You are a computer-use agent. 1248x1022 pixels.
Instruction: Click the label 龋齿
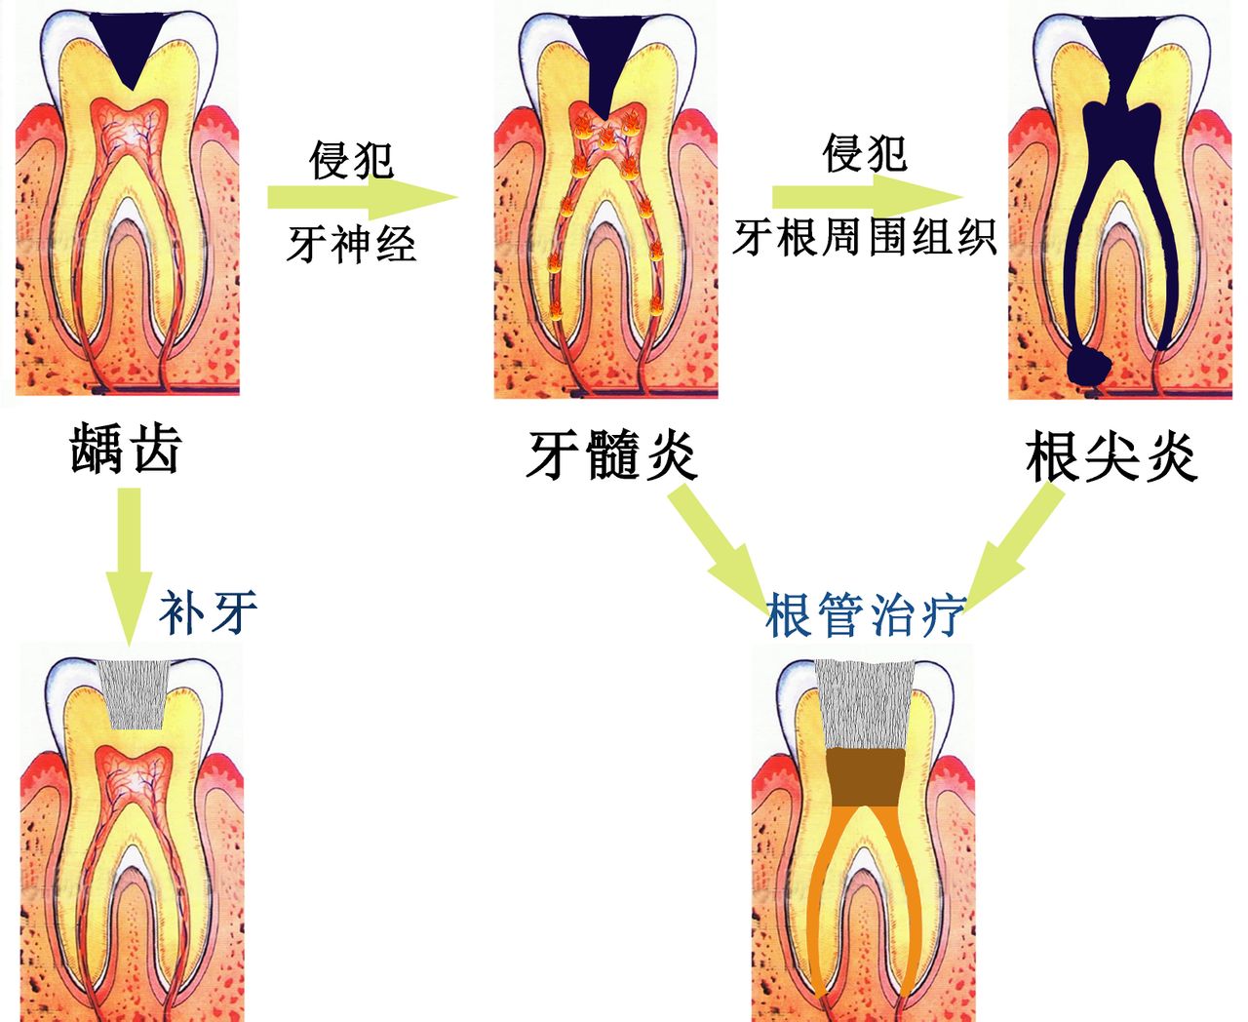point(126,450)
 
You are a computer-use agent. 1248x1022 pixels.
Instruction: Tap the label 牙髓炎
point(611,454)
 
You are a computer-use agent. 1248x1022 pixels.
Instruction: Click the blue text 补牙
point(208,611)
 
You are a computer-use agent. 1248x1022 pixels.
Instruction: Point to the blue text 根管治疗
point(865,614)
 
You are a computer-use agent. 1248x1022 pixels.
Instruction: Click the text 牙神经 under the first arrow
point(351,243)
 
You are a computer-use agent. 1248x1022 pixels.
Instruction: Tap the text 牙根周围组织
point(864,237)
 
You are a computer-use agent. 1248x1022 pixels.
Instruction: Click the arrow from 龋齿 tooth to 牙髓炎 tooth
point(361,198)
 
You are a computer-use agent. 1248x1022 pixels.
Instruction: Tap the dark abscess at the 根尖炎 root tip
point(1089,365)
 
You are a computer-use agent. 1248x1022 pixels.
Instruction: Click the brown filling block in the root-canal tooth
point(864,777)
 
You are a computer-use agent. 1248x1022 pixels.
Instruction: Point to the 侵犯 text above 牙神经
point(351,159)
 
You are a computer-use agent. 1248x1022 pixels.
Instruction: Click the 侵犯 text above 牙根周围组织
point(864,153)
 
